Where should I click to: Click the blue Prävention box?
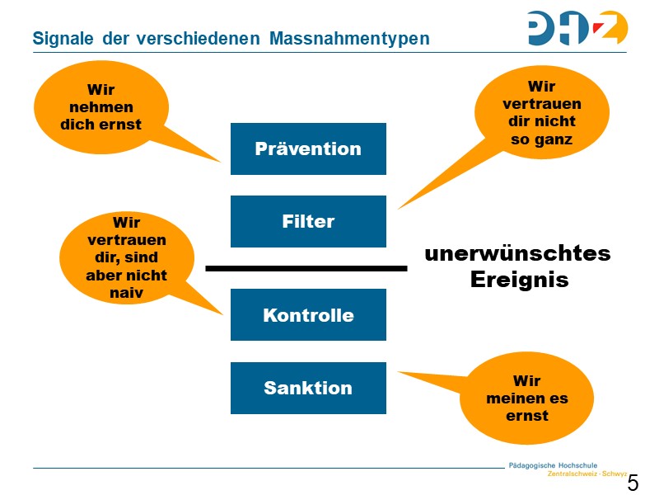[x=308, y=149]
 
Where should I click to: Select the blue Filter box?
[x=308, y=221]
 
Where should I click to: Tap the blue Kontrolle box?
[x=308, y=315]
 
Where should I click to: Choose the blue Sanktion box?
[x=308, y=388]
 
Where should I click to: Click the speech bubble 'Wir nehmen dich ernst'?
[x=100, y=107]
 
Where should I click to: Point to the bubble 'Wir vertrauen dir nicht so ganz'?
[x=541, y=113]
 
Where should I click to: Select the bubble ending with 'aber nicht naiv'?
[x=126, y=257]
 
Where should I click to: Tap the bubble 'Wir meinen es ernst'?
[x=526, y=398]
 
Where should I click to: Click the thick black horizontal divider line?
[x=306, y=268]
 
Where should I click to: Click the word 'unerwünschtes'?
[x=517, y=253]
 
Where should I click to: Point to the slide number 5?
[x=633, y=483]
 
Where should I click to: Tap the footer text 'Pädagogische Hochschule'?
[x=553, y=465]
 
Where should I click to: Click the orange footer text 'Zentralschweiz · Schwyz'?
[x=587, y=474]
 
